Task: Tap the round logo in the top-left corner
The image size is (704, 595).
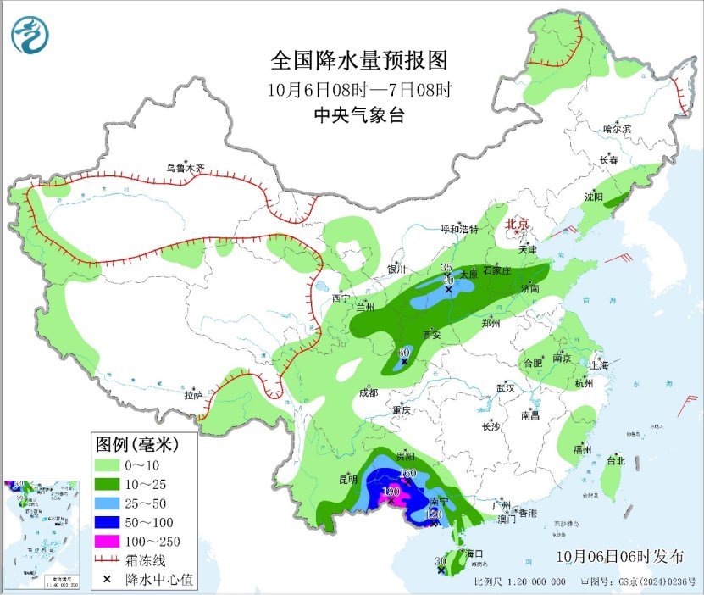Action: (30, 35)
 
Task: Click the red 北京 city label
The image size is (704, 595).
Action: (517, 225)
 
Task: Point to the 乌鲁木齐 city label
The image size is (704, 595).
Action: (185, 169)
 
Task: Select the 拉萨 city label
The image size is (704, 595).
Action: (193, 395)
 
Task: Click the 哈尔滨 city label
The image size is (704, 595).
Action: (617, 129)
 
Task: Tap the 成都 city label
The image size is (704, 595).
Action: (368, 392)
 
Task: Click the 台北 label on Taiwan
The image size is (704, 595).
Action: (616, 461)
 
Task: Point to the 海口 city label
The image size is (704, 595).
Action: (475, 553)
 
